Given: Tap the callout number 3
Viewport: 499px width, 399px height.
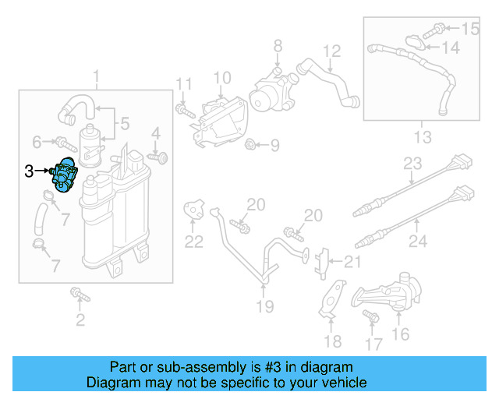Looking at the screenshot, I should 29,171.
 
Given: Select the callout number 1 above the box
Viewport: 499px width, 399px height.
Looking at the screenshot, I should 97,76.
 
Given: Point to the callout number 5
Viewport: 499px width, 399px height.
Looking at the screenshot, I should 124,122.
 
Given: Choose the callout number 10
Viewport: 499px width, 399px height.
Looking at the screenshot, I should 222,77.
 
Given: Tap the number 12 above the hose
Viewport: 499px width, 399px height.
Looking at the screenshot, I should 332,52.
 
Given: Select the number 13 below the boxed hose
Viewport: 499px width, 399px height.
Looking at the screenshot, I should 421,138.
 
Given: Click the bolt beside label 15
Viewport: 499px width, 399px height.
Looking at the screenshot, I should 439,30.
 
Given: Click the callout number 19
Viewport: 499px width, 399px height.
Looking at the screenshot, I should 265,306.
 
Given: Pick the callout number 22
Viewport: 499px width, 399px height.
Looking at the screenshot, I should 193,241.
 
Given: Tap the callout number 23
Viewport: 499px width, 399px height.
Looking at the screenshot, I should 412,164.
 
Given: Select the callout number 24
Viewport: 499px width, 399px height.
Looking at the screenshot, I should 418,242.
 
